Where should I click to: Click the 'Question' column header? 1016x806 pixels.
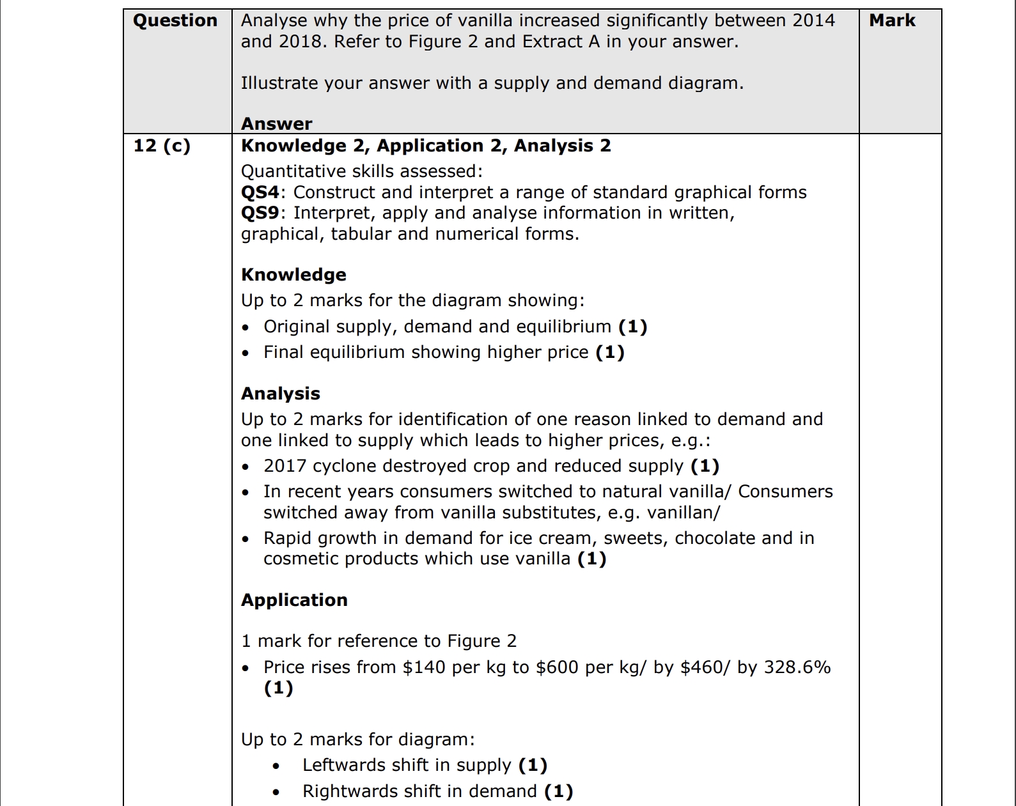[x=175, y=20]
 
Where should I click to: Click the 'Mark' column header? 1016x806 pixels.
[x=892, y=20]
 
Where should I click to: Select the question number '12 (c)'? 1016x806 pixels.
[x=162, y=146]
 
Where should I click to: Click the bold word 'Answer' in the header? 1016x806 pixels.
[x=276, y=123]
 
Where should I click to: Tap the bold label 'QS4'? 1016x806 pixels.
[x=260, y=192]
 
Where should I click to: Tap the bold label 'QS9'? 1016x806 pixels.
[x=260, y=213]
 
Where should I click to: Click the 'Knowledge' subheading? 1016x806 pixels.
[x=293, y=275]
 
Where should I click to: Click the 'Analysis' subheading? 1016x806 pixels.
[x=280, y=394]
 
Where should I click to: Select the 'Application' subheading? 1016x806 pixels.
[x=294, y=600]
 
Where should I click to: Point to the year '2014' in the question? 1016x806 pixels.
[x=813, y=20]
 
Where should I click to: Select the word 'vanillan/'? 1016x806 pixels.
[x=684, y=513]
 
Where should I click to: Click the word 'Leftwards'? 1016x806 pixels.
[x=343, y=765]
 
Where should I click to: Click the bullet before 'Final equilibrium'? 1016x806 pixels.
[x=246, y=353]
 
